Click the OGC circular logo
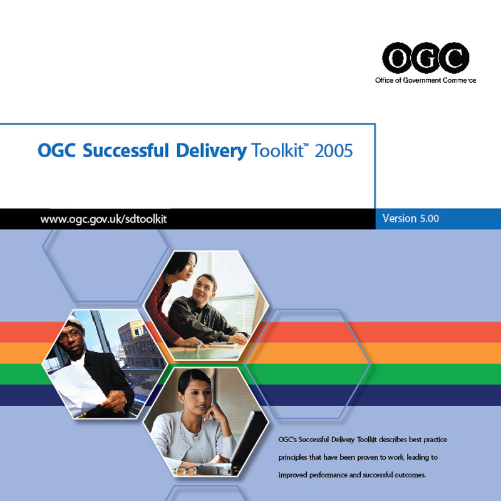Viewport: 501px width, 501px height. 426,58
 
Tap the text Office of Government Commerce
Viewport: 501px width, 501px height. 426,80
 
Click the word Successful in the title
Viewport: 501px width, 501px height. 126,150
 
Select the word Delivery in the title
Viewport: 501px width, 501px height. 211,151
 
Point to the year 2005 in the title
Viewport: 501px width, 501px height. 334,150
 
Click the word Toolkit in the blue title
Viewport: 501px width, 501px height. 277,150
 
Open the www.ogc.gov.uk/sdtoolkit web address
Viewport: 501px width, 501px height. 103,219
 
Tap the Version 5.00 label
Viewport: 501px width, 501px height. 411,219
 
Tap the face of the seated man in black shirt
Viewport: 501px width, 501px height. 204,289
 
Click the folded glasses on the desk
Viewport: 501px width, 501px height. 185,470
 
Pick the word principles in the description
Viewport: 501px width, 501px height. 292,458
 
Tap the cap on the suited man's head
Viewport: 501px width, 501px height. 75,323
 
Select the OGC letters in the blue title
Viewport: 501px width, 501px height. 57,150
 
